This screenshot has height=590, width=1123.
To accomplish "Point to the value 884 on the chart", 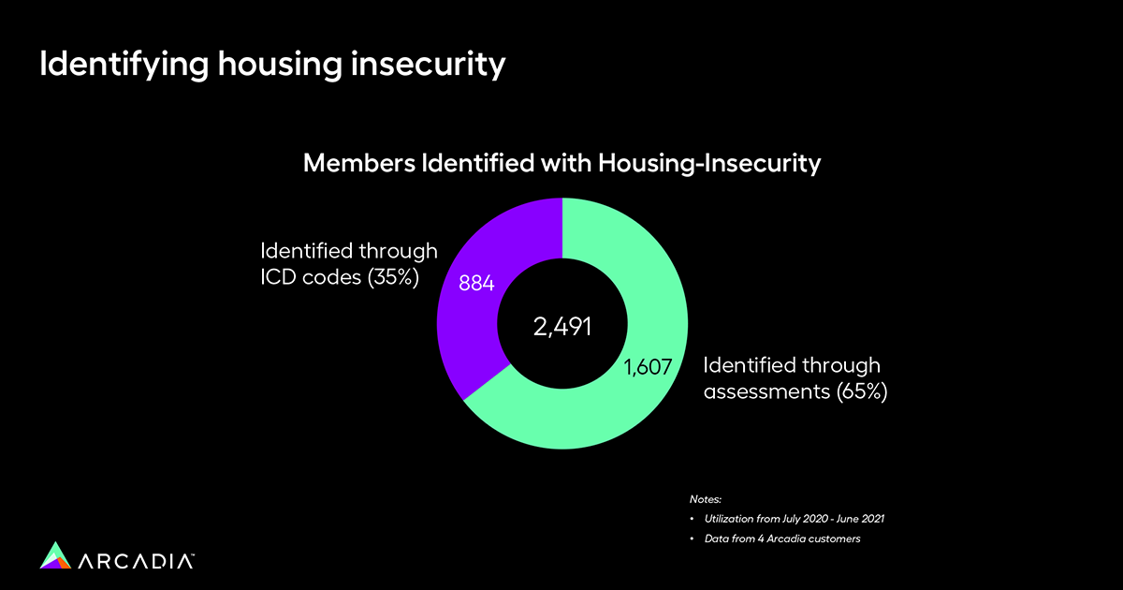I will click(x=474, y=282).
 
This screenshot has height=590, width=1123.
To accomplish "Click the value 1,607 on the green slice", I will click(x=648, y=366).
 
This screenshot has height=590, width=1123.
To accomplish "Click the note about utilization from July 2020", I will click(x=790, y=518).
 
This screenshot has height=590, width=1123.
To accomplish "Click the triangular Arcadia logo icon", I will click(x=56, y=554).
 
